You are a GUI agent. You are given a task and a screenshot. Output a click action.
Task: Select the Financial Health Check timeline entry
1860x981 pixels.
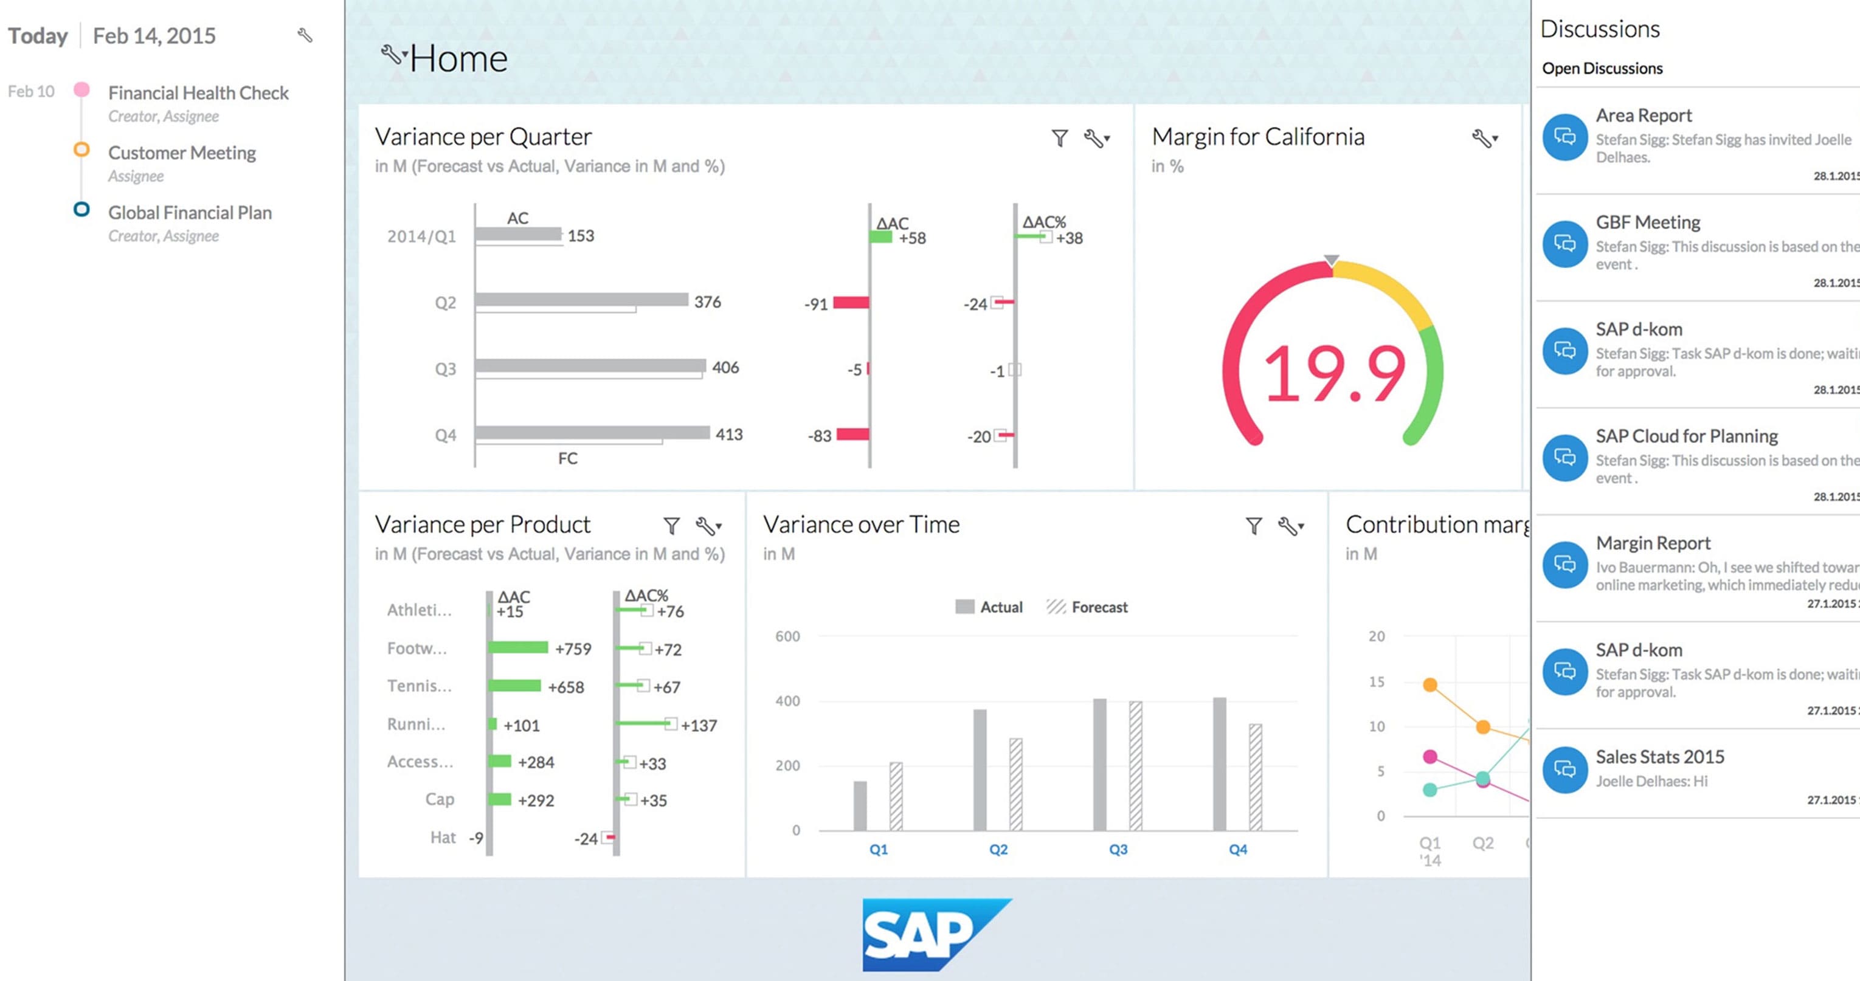(198, 93)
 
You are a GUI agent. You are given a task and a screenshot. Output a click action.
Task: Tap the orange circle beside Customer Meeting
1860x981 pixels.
(81, 150)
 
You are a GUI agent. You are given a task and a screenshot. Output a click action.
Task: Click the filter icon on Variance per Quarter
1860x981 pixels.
(1059, 138)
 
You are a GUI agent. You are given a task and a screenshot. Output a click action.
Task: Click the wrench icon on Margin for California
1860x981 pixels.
(1482, 138)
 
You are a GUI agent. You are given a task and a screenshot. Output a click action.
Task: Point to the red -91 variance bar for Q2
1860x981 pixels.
(851, 303)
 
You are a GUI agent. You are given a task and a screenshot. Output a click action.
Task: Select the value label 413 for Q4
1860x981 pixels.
(728, 435)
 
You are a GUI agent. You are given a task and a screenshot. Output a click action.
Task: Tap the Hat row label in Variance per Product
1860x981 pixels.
(443, 838)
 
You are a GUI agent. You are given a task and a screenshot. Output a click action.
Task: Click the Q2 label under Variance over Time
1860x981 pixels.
(998, 850)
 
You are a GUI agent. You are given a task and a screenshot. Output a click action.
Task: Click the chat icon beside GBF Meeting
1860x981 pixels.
(1564, 244)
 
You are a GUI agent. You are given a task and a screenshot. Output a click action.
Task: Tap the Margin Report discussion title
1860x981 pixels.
(1652, 543)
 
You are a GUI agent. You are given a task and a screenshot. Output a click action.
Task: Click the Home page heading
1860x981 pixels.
(458, 58)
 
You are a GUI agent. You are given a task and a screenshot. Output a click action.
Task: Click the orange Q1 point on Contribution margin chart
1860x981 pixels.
(1430, 684)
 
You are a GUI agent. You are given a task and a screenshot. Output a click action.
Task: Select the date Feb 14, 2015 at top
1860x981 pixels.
(154, 36)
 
